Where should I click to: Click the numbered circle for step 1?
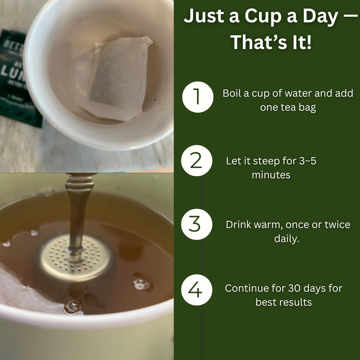point(198,97)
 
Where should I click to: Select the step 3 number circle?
point(197,224)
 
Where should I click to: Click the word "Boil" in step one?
point(232,93)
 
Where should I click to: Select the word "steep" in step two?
point(267,161)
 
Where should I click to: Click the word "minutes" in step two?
point(271,175)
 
